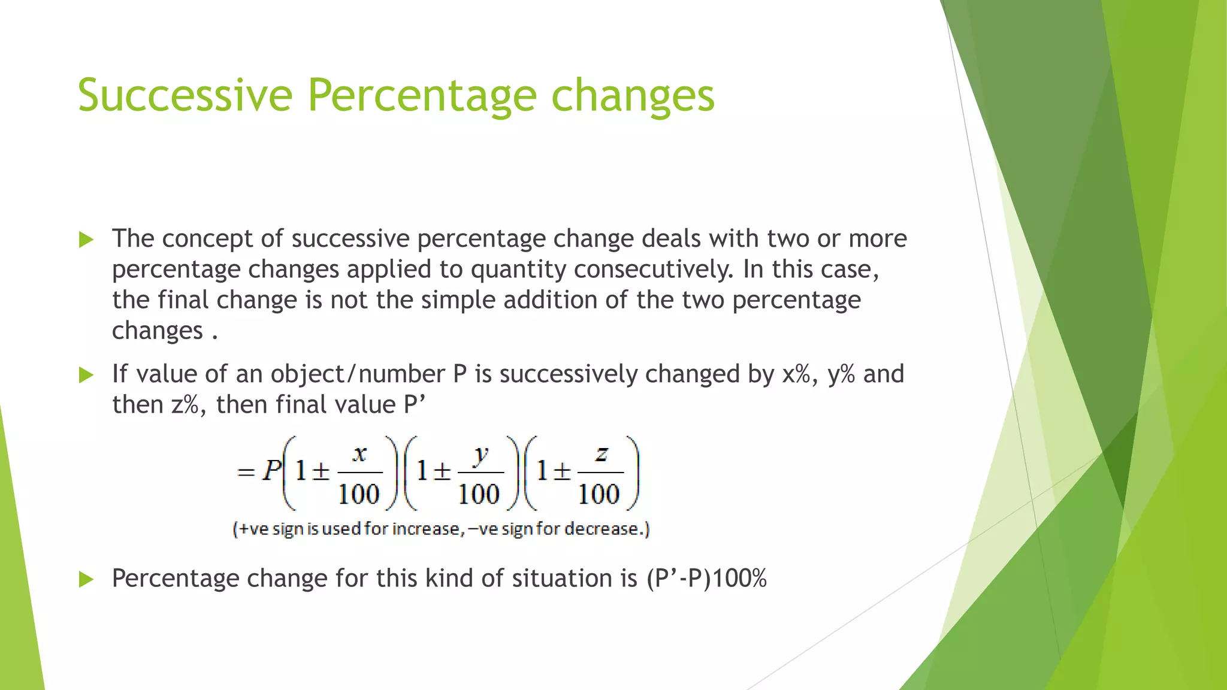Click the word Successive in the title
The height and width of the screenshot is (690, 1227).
(x=185, y=95)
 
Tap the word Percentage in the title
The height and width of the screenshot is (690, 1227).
(x=422, y=95)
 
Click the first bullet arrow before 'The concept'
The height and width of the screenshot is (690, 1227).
(x=86, y=240)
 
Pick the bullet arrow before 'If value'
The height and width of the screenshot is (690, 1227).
(x=86, y=376)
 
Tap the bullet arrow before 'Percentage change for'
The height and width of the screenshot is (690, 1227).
(x=86, y=579)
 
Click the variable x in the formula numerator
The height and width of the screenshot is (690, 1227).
(x=359, y=455)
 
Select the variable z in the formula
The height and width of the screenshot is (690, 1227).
(x=601, y=455)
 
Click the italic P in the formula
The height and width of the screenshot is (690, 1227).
(x=271, y=471)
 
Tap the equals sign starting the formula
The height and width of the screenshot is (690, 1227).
(x=246, y=473)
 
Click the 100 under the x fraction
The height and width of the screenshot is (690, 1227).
(x=359, y=494)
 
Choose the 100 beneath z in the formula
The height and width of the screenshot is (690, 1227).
(x=599, y=494)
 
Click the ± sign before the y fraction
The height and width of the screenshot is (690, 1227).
(x=442, y=472)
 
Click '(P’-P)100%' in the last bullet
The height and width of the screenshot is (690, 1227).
(x=707, y=579)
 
